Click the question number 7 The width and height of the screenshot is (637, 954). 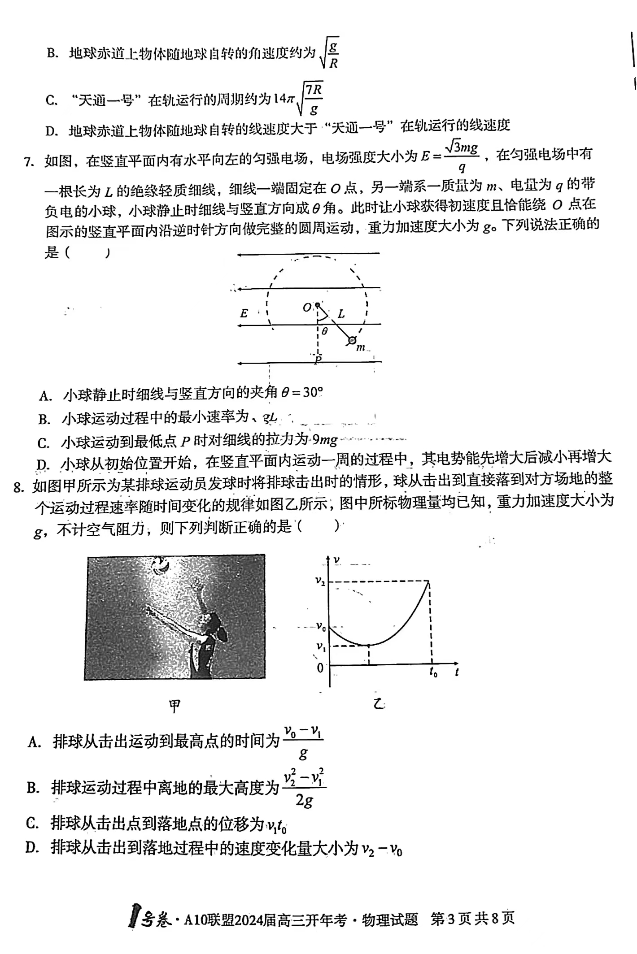(29, 162)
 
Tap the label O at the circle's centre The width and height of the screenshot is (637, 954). (307, 308)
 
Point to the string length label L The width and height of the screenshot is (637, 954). (341, 314)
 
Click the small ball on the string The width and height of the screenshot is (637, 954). (352, 341)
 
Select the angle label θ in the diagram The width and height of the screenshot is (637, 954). (325, 331)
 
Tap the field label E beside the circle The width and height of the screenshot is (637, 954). (244, 313)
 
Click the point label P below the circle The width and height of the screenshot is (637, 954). (318, 360)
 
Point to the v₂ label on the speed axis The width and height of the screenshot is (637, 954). (320, 581)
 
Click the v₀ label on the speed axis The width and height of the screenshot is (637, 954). (321, 626)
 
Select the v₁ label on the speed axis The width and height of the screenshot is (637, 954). (321, 646)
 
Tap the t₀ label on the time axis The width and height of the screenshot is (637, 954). (433, 672)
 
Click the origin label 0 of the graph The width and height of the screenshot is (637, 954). (320, 668)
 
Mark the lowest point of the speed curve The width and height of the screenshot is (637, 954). (369, 645)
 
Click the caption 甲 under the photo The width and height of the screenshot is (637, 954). (175, 707)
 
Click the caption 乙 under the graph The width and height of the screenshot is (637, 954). (379, 704)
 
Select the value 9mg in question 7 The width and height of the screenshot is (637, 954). (325, 440)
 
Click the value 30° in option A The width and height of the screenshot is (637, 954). (313, 393)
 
